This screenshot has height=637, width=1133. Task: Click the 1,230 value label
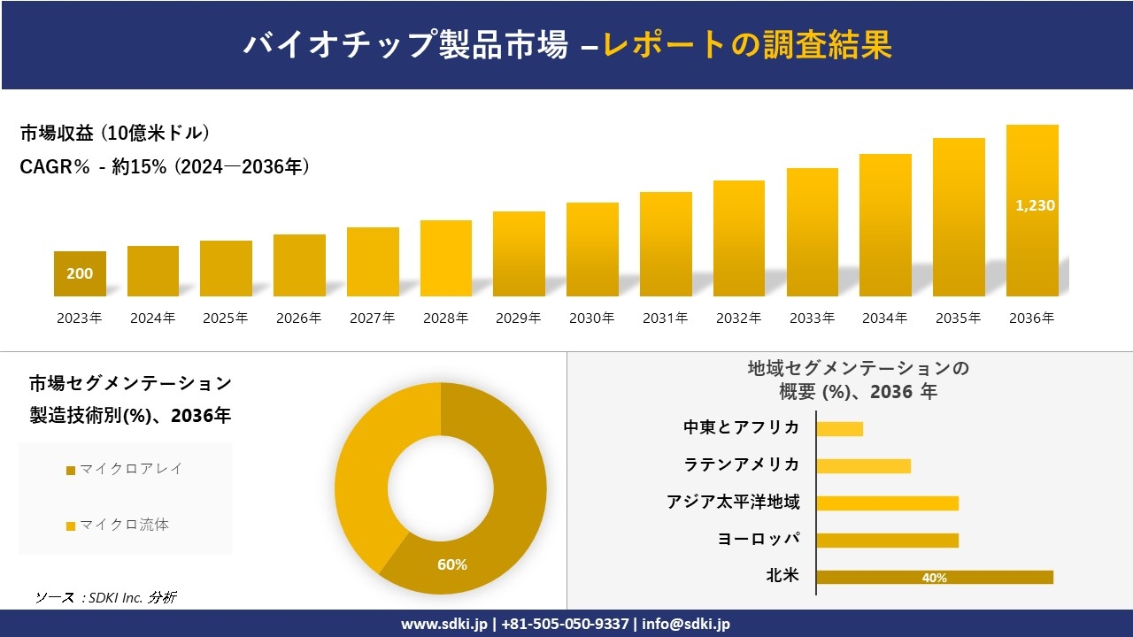pos(1034,205)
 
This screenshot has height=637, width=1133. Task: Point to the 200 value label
pos(80,274)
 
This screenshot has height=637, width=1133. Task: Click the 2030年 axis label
pos(592,318)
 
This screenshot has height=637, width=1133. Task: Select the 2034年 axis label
pos(885,318)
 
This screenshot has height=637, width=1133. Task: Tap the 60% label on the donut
pos(451,564)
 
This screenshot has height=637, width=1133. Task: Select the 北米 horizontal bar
pos(935,578)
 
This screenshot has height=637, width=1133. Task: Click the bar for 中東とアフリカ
pos(839,429)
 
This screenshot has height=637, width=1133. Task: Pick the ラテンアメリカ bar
pos(863,466)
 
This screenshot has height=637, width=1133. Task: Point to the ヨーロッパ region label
pos(759,540)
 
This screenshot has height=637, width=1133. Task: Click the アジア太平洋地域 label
pos(733,503)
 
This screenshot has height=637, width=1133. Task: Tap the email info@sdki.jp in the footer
pos(686,624)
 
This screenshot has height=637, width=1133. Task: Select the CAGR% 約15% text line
pos(165,167)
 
